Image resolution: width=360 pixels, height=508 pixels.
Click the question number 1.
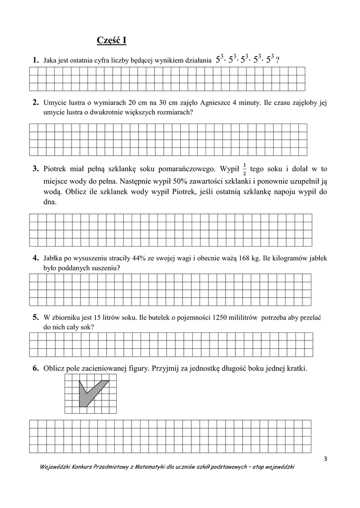coord(36,60)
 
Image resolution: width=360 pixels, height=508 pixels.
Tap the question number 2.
coord(36,103)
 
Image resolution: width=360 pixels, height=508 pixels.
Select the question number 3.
coord(36,169)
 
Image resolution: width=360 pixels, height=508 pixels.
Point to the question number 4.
coord(36,257)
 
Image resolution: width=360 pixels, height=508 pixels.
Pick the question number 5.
coord(36,317)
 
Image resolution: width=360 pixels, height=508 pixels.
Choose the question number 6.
coord(36,368)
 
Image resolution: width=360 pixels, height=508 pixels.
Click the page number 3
coord(325,458)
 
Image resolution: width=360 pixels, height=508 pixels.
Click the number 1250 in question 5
coord(219,317)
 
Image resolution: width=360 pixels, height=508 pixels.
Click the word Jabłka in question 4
coord(53,258)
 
